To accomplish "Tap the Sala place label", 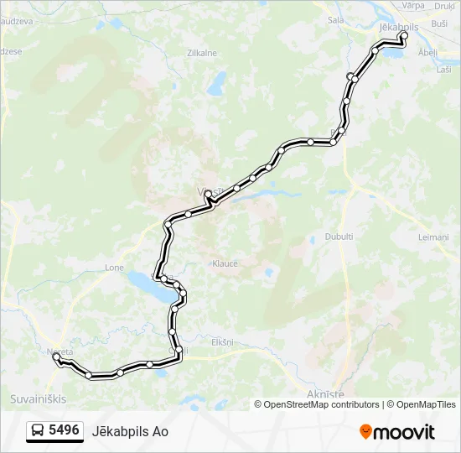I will tap(336, 20).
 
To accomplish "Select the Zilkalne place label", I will tap(202, 53).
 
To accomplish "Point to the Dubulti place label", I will tap(339, 237).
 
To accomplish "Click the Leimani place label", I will tap(433, 237).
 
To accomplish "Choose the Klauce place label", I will tap(225, 263).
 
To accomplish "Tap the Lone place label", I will tap(114, 268).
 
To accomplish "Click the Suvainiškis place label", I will tap(37, 398).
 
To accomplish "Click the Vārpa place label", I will tap(414, 5).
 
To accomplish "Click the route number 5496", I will tap(64, 430).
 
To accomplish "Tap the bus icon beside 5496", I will tap(38, 431).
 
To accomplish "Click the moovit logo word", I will tap(405, 432).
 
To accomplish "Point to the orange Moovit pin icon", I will tap(365, 432).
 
